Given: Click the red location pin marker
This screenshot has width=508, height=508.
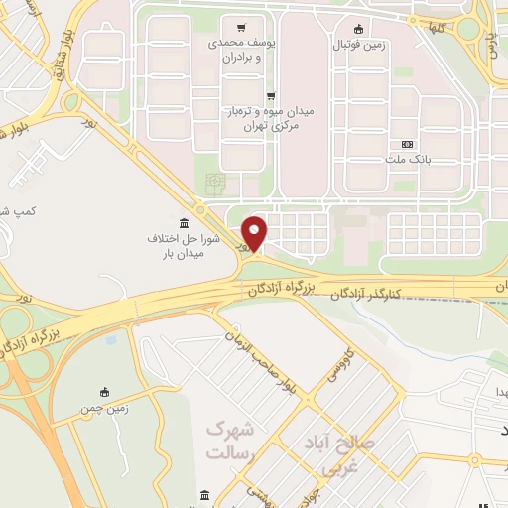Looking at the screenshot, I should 255,232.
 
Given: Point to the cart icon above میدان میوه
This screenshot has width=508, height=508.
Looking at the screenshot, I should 270,96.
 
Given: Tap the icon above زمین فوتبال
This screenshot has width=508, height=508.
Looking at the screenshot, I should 359,28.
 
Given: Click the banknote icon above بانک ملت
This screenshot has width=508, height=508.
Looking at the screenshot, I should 407,144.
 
